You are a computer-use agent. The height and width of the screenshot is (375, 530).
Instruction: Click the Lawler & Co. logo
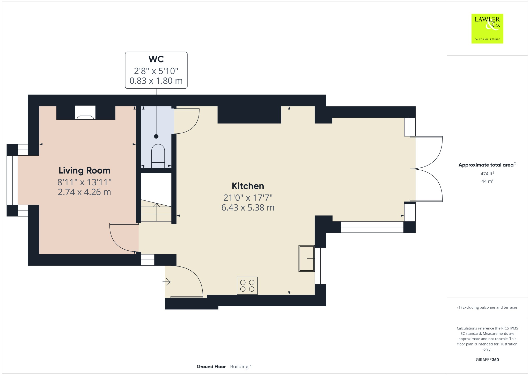[487, 28]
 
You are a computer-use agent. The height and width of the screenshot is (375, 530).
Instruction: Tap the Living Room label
[84, 170]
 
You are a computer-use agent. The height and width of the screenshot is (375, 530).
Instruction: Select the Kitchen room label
[248, 186]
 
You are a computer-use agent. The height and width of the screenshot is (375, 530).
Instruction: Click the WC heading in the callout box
[156, 59]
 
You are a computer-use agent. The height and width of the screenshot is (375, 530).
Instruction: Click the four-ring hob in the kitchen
[247, 286]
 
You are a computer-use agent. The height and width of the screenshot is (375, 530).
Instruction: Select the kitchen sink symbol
[306, 258]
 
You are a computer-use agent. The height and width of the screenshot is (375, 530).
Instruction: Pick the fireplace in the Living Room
[85, 113]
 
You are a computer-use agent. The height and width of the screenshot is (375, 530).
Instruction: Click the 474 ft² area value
[487, 174]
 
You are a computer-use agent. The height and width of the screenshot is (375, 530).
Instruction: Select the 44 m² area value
[487, 181]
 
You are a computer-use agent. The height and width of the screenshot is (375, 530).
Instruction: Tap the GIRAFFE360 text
[487, 359]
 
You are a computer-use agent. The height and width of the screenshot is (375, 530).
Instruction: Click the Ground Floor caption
[211, 366]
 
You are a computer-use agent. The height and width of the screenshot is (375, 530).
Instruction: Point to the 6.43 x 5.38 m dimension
[248, 207]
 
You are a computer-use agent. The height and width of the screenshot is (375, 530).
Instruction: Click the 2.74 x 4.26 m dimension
[84, 192]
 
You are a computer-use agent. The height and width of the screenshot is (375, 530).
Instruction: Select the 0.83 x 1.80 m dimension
[156, 81]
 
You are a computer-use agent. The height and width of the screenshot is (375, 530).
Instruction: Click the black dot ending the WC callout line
[156, 136]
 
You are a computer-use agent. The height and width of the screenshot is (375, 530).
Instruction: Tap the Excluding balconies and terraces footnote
[487, 307]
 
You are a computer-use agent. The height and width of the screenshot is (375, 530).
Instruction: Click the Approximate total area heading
[486, 165]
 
